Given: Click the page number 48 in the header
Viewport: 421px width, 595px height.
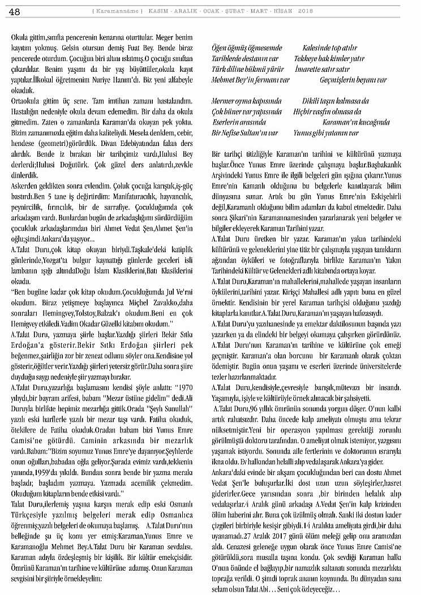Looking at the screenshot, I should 15,12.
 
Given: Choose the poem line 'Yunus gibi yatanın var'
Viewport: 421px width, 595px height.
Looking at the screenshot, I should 326,133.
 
